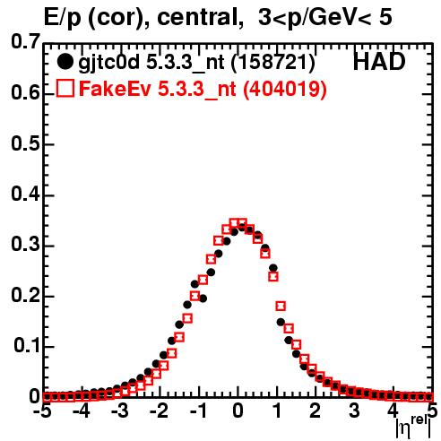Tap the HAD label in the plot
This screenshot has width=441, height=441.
[x=379, y=62]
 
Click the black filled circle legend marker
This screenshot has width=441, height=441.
[x=65, y=63]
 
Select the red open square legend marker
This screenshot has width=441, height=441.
[x=65, y=88]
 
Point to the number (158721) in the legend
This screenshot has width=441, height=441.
[x=273, y=63]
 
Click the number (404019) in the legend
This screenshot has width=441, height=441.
[x=284, y=89]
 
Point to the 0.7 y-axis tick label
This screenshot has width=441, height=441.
[x=25, y=41]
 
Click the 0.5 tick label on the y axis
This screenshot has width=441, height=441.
[x=25, y=143]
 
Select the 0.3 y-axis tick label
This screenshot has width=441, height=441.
[x=25, y=245]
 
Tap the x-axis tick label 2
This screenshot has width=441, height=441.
[x=315, y=411]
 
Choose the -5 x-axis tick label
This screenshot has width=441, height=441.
[x=42, y=411]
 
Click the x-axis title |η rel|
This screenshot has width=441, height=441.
[x=413, y=427]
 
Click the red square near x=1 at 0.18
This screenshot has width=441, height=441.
[x=281, y=306]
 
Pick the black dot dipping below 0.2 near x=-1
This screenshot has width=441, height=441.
[x=203, y=298]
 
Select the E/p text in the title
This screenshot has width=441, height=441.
[x=63, y=18]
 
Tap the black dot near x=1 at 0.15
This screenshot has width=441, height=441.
[x=281, y=322]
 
